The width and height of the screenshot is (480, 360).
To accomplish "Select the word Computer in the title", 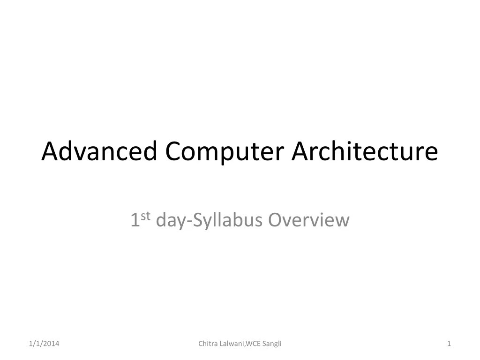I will pos(225,151).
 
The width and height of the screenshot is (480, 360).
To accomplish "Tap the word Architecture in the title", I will pos(365,151).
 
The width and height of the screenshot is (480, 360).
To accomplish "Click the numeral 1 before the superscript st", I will pos(135,220).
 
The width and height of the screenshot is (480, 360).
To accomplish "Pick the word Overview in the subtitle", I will pos(309,220).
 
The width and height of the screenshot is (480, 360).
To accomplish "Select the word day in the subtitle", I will pos(172,221).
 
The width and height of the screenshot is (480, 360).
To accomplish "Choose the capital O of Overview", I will pos(274,220).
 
